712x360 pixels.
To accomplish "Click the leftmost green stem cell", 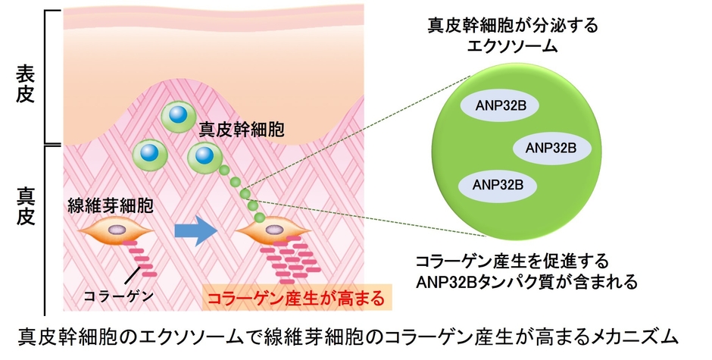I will pos(148,154).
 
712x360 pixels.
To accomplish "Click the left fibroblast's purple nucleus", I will pos(117,228).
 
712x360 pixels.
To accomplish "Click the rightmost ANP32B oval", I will pos(551,146).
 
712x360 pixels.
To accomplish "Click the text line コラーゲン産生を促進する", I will pos(512,261).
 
